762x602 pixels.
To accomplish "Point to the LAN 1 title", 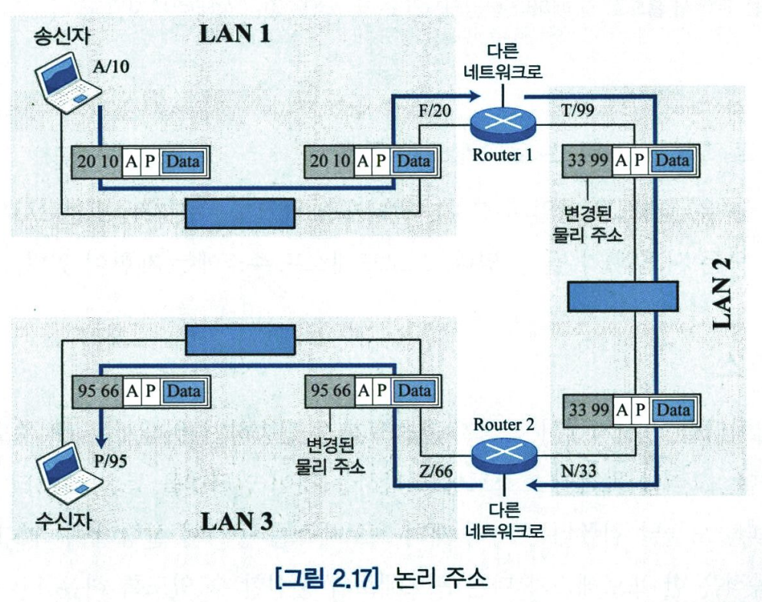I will point(236,34).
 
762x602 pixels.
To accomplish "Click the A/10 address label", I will point(111,68).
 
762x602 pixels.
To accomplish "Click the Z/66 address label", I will point(434,471).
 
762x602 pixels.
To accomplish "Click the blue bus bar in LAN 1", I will point(240,213).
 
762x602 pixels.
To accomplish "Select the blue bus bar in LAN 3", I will point(240,339).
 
